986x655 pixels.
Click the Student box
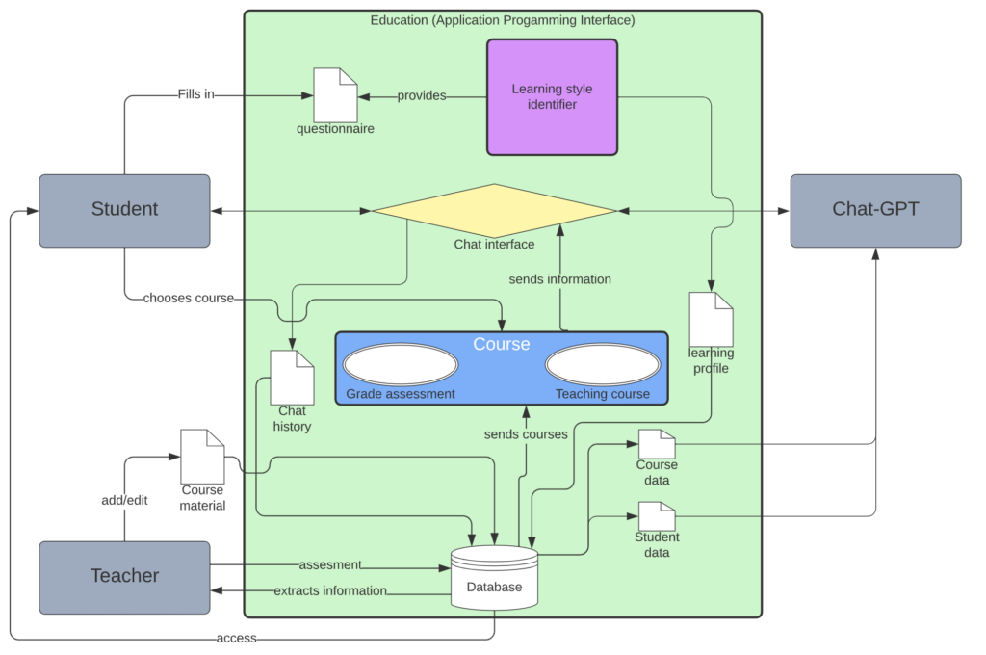(x=124, y=210)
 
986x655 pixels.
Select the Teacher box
(x=124, y=576)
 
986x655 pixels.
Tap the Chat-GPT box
(x=875, y=210)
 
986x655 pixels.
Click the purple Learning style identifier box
(x=552, y=96)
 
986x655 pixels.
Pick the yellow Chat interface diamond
(x=494, y=210)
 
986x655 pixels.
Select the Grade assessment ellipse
(x=401, y=366)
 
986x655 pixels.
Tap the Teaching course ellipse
(x=603, y=366)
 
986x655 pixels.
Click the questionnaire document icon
(x=335, y=94)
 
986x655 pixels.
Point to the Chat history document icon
(x=292, y=378)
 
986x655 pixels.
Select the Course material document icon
(x=202, y=457)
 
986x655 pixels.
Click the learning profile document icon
(x=711, y=319)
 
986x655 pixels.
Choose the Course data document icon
(x=657, y=444)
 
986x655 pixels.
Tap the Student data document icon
(x=657, y=516)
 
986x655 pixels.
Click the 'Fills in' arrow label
(x=195, y=94)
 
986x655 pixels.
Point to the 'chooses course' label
(x=188, y=298)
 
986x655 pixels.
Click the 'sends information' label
(x=559, y=279)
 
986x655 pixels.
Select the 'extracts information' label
(x=330, y=590)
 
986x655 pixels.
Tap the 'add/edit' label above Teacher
(x=124, y=500)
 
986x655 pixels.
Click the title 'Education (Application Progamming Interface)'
(x=503, y=20)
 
